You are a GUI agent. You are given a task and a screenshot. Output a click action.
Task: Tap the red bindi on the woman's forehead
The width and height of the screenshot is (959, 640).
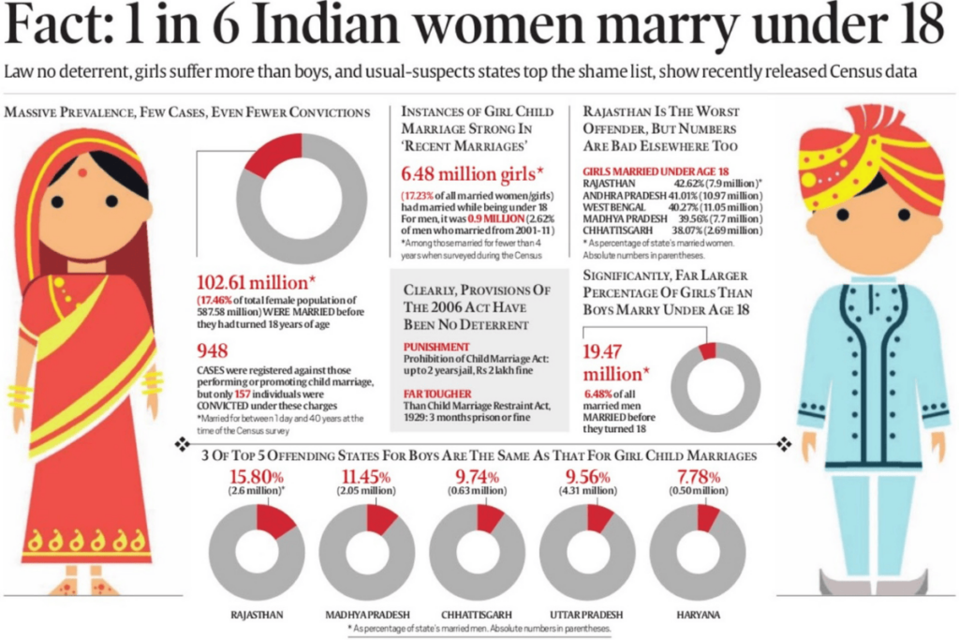(81, 172)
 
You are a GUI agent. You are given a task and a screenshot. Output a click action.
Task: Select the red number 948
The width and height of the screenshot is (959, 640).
(214, 351)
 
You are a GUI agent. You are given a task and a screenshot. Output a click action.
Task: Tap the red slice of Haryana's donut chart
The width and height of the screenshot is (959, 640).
(707, 516)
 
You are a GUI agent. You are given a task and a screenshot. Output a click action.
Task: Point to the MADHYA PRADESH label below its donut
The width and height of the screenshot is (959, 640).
(366, 615)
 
